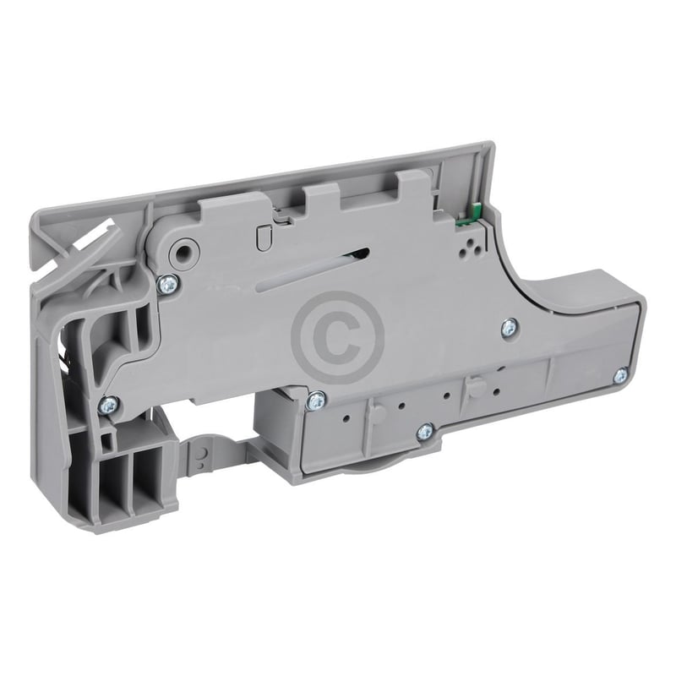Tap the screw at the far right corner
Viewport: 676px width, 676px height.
[619, 373]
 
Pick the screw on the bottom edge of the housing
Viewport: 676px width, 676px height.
[425, 433]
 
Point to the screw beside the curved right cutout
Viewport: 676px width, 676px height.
[510, 326]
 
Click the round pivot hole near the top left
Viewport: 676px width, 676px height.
[180, 252]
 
